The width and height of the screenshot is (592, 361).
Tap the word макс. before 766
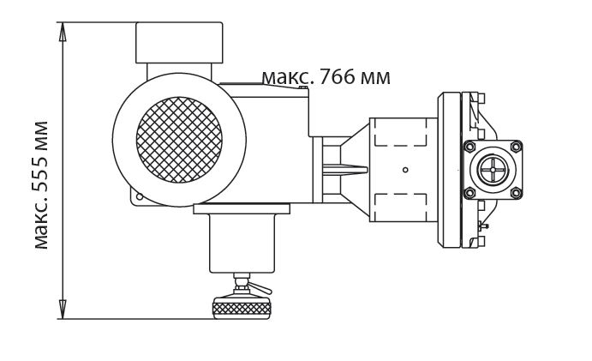tap(285, 77)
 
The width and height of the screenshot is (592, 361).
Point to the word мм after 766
tap(376, 78)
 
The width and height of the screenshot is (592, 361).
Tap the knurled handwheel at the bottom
tap(241, 307)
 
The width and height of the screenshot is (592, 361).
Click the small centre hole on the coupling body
tap(406, 169)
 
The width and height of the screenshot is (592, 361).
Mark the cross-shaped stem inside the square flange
tap(493, 170)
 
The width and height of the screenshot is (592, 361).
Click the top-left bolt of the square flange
tap(469, 147)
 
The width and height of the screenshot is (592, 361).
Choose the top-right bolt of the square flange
tap(516, 147)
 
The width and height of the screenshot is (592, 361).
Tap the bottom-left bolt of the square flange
tap(469, 193)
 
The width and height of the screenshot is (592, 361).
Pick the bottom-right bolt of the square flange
tap(516, 193)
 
